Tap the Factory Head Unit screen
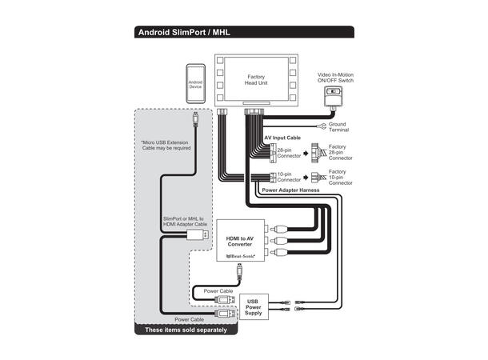[256, 81]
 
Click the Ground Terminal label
[338, 128]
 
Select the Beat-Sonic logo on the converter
[239, 256]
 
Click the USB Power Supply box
[253, 306]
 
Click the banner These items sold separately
[186, 330]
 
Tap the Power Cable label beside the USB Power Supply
[218, 291]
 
